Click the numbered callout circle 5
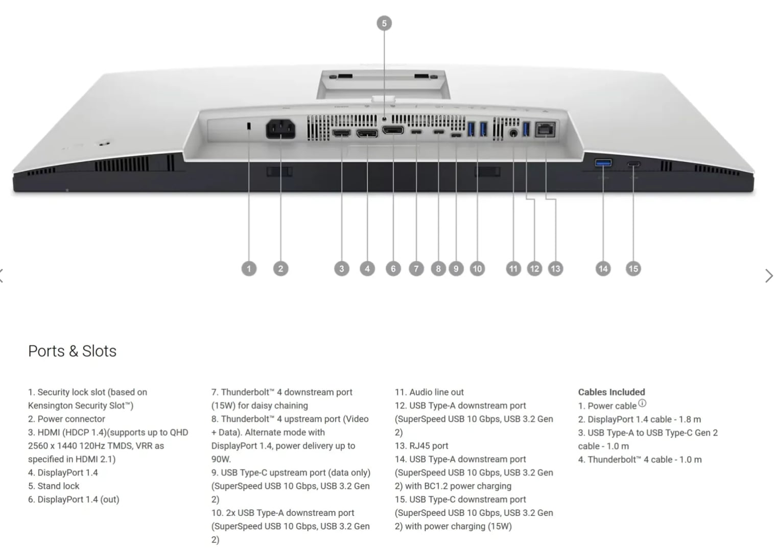[384, 23]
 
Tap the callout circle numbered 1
[249, 269]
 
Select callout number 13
[555, 269]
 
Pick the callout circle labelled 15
[633, 269]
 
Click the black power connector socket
[280, 129]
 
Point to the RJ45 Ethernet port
[545, 129]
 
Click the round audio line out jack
[513, 133]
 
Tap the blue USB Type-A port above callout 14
[603, 162]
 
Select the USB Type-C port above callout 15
[634, 164]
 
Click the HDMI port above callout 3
[342, 133]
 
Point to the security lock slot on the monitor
[249, 126]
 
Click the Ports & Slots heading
[72, 351]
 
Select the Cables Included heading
[611, 392]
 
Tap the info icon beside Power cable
[642, 403]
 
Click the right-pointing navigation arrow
[769, 276]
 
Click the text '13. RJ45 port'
[421, 446]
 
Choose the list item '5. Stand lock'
[54, 486]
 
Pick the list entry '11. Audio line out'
[429, 392]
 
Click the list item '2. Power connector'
[66, 419]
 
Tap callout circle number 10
[477, 269]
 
